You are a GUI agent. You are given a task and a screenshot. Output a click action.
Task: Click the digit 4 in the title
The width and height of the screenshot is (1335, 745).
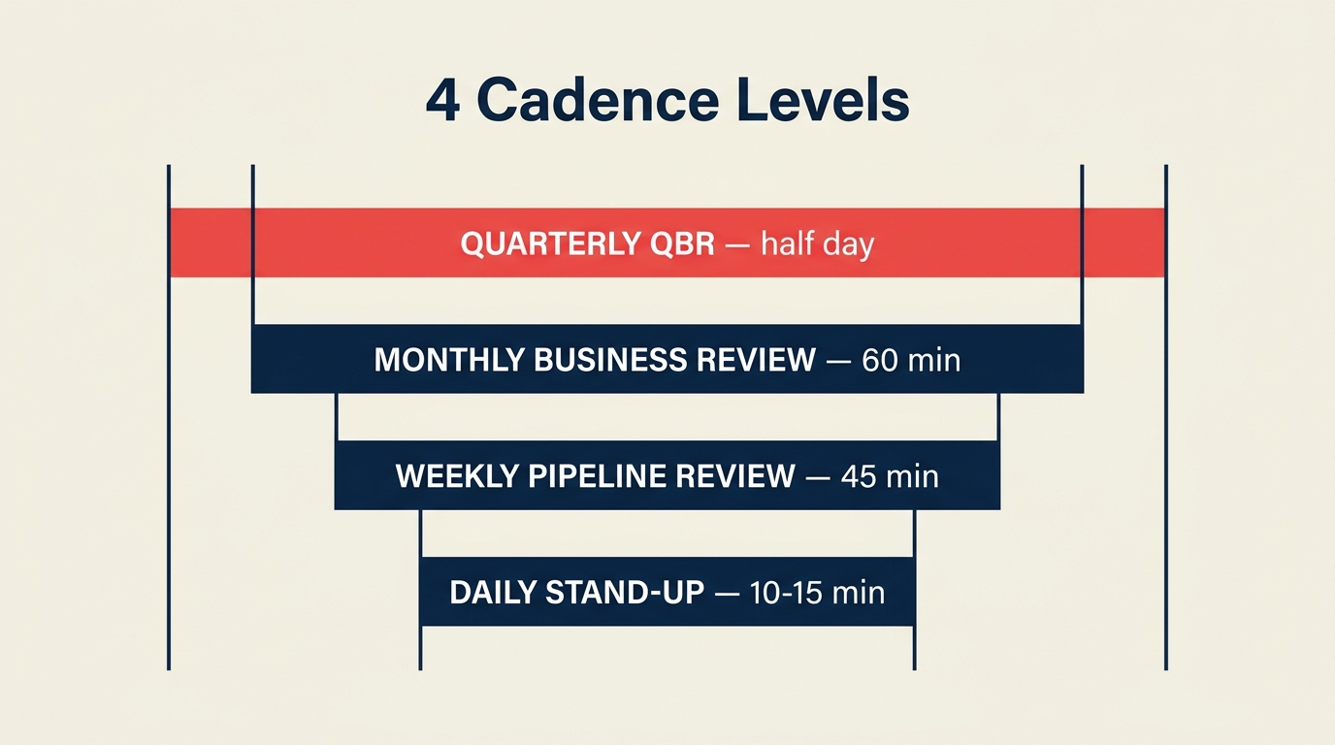click(442, 101)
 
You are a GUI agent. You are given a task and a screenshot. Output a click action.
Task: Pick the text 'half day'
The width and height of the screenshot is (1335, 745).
click(817, 243)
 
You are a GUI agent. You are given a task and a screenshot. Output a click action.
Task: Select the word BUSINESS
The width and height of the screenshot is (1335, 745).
click(609, 360)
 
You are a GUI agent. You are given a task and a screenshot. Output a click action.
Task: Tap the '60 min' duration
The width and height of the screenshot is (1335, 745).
click(911, 360)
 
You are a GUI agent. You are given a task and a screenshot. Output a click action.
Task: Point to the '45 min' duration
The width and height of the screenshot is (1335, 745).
click(890, 476)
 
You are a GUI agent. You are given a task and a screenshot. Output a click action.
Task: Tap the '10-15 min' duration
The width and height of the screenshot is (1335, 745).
click(818, 592)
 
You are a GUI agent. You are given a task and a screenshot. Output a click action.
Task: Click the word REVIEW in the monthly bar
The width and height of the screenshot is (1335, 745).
click(756, 360)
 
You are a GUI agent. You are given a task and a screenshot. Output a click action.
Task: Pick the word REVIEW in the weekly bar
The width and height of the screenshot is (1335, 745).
click(735, 476)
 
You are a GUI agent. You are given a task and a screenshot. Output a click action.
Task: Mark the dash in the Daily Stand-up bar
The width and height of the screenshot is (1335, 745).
click(728, 593)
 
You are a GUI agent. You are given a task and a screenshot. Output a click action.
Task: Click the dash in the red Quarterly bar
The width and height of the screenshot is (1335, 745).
click(737, 244)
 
